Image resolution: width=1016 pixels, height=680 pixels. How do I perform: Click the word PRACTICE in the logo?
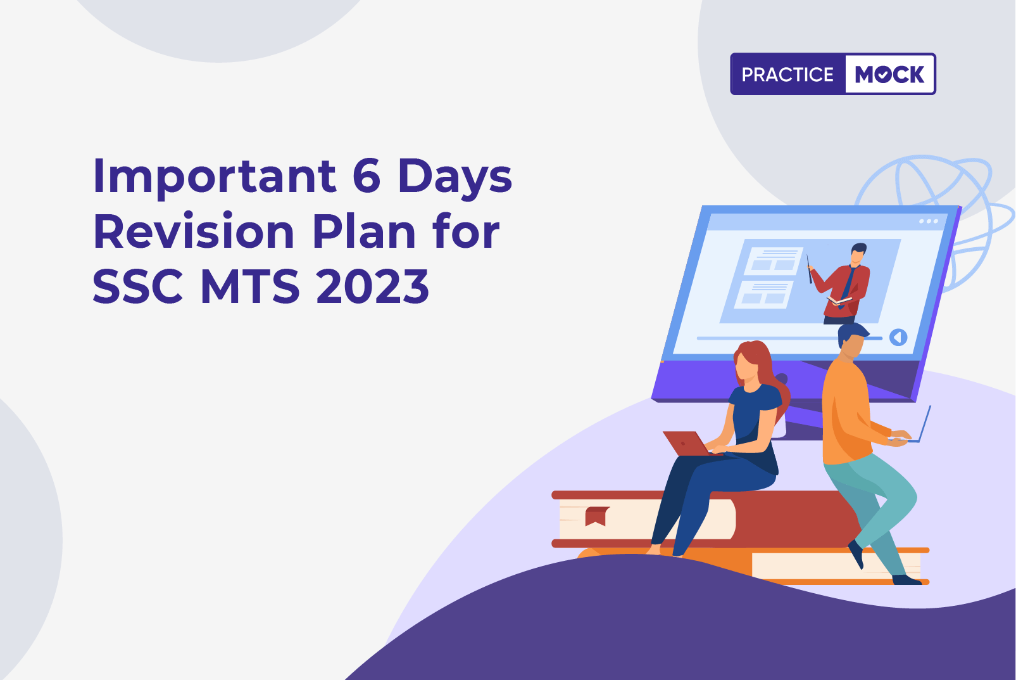point(787,74)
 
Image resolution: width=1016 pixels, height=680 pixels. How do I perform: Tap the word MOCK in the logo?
point(889,74)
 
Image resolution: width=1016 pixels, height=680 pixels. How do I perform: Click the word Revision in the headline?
point(194,231)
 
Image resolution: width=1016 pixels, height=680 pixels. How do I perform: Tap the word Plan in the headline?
point(364,231)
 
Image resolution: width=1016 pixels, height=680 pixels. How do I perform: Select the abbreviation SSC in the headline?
point(138,286)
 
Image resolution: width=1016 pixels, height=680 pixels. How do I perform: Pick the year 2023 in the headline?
point(372,286)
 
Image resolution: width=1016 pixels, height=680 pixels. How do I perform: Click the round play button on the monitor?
point(898,337)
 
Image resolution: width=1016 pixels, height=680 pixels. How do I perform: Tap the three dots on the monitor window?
point(929,222)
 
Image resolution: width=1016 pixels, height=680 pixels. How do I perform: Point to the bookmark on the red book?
point(596,516)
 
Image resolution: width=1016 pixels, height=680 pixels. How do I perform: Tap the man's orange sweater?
point(848,413)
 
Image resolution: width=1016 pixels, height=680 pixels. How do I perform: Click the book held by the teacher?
point(839,300)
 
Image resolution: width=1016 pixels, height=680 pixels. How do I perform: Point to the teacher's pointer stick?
point(809,269)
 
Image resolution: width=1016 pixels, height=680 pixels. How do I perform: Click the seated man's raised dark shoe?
point(856,554)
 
